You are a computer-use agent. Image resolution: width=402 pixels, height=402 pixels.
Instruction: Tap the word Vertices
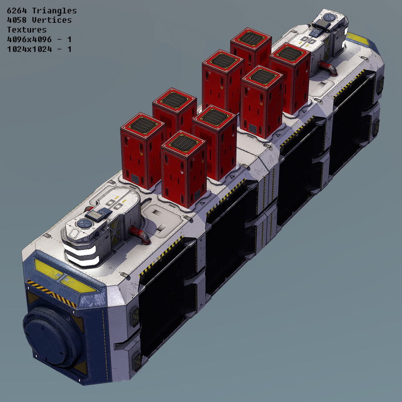click(52, 20)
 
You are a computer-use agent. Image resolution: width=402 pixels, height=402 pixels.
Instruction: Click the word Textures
click(26, 29)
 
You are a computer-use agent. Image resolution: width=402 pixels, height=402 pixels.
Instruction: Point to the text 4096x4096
click(29, 39)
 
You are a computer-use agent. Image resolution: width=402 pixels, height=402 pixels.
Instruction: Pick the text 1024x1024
click(29, 49)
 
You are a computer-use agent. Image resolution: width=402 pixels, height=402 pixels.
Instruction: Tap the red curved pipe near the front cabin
click(140, 234)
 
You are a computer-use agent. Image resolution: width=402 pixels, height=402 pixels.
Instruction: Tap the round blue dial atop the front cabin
click(82, 224)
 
